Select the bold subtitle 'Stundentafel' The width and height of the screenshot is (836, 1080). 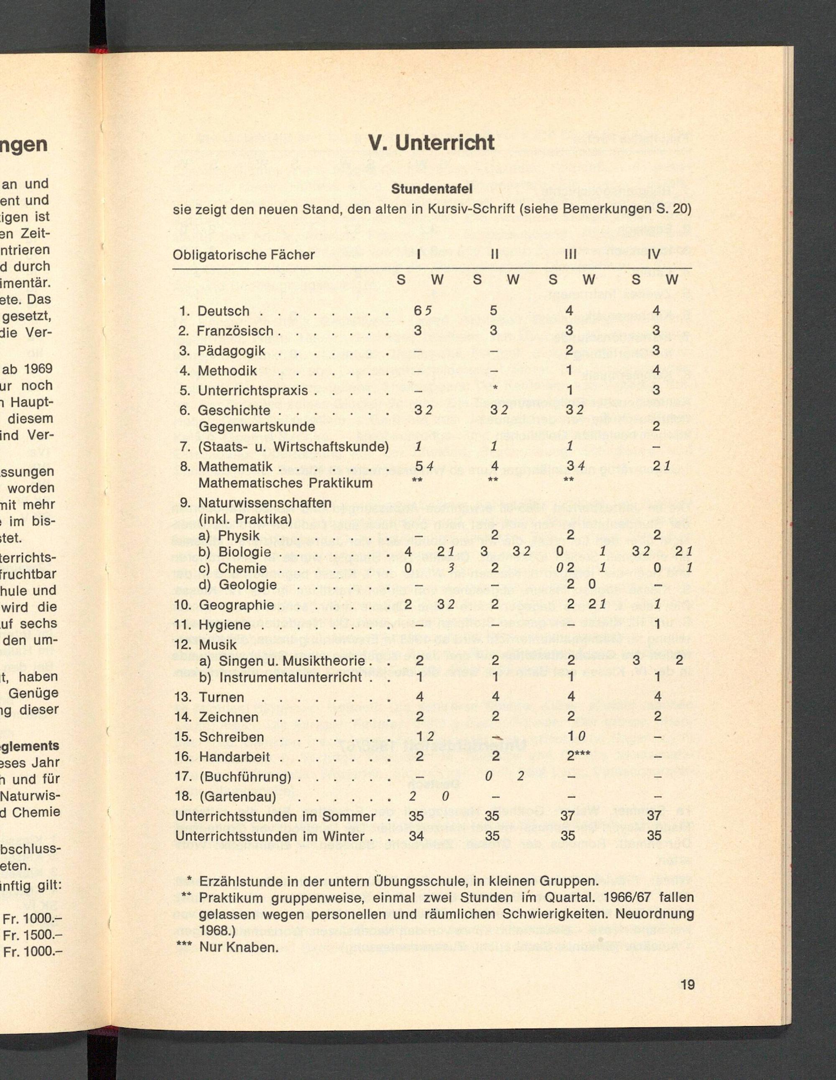point(432,189)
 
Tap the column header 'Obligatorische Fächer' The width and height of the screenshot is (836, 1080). point(243,255)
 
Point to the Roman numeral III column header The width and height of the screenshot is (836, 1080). point(570,255)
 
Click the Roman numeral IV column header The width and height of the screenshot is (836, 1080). point(654,255)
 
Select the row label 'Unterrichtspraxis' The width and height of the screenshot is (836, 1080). point(252,391)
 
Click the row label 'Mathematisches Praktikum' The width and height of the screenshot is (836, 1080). point(285,483)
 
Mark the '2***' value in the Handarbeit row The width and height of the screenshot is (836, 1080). point(578,757)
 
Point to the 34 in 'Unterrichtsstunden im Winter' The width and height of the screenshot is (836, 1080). point(416,836)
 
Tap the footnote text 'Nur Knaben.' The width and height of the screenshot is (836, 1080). point(239,947)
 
